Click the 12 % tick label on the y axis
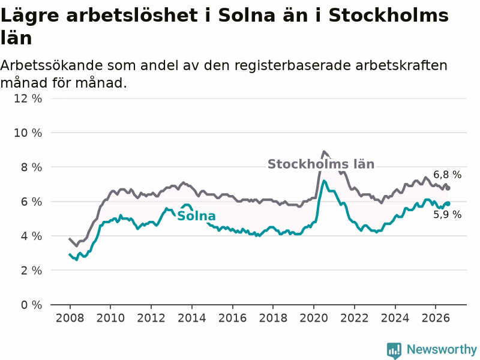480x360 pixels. [28, 98]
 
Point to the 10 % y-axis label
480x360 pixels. [28, 133]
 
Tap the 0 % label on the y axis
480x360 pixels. [31, 305]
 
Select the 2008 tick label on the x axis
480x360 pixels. [70, 318]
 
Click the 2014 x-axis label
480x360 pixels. [191, 318]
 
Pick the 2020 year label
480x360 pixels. [313, 318]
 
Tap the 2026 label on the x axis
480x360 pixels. [436, 318]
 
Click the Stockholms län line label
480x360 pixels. [321, 164]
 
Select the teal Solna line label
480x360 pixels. [196, 216]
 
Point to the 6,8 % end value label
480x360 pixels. [447, 175]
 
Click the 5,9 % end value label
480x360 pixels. [447, 215]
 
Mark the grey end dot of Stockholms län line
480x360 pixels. [448, 188]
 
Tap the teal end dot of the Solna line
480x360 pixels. [448, 203]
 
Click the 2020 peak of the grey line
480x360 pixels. [323, 152]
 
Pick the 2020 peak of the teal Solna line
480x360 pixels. [323, 181]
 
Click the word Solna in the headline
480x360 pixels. [247, 16]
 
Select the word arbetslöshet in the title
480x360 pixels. [132, 16]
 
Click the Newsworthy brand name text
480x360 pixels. [442, 349]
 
